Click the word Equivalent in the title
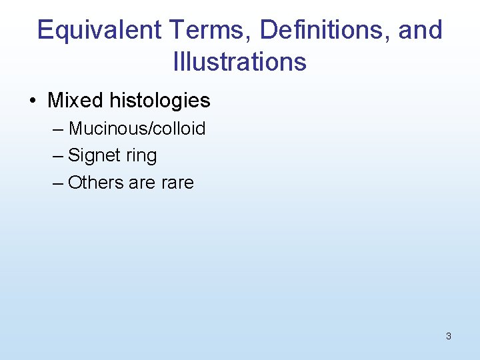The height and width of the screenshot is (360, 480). pos(99,31)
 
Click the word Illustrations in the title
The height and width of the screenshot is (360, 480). pos(239,62)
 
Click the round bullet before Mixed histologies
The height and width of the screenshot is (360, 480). pos(33,101)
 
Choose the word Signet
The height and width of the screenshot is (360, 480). pos(92,156)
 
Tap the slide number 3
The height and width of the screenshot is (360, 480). pos(448,336)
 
